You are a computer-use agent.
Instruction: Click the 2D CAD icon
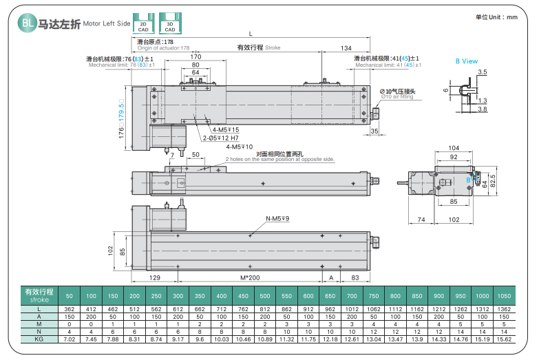143,23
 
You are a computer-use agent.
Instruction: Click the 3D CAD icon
169,23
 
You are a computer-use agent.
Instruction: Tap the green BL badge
27,23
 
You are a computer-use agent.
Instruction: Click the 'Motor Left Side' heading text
107,23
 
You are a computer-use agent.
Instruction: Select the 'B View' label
466,61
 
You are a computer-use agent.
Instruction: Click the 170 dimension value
195,56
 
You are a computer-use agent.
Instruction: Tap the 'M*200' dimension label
249,277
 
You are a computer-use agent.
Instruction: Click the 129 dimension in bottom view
156,277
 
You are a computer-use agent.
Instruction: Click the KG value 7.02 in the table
70,339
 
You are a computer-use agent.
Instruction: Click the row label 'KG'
39,339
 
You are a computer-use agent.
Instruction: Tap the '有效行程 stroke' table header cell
39,296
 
